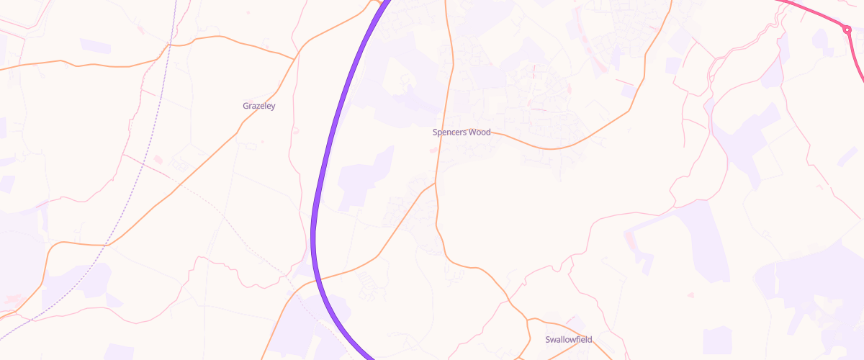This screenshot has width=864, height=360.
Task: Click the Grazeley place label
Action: click(259, 106)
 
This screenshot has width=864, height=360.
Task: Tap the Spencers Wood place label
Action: click(462, 132)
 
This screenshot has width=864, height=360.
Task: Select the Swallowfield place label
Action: click(568, 339)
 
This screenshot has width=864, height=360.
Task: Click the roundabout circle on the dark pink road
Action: click(847, 30)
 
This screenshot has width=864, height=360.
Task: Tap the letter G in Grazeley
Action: click(246, 106)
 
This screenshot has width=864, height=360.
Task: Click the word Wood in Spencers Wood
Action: click(480, 132)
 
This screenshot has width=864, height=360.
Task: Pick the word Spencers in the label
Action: click(449, 132)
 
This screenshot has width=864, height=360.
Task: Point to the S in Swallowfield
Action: click(548, 339)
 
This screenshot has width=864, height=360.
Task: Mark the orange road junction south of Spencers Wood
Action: click(436, 183)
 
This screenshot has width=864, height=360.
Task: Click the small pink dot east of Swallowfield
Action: click(690, 294)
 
